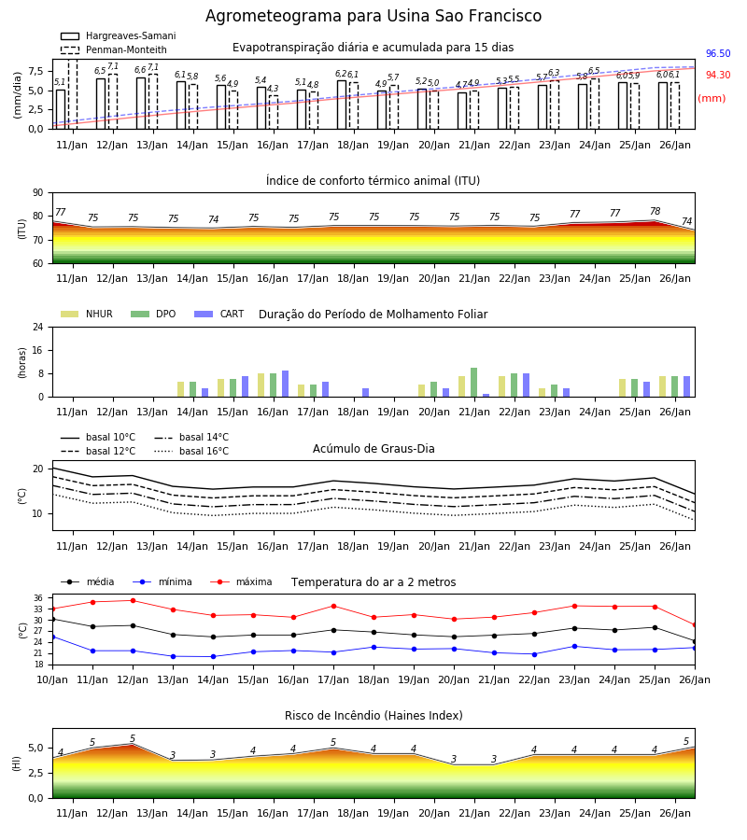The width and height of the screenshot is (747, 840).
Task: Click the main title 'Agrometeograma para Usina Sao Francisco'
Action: point(373,16)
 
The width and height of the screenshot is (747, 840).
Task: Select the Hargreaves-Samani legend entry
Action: point(119,35)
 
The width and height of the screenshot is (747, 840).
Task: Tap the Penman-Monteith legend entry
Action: point(114,49)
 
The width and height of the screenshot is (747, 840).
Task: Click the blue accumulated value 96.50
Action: point(718,53)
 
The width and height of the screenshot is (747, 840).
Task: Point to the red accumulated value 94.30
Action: point(718,75)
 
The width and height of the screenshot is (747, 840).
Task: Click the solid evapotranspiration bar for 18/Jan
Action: point(342,105)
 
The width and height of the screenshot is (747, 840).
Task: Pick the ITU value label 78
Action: point(655,211)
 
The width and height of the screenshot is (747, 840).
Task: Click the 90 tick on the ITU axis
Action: point(38,193)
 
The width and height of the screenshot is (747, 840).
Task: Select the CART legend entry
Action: point(219,314)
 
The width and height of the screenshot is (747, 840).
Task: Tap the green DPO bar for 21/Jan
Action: point(473,383)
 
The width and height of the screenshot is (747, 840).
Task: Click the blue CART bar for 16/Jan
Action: point(285,385)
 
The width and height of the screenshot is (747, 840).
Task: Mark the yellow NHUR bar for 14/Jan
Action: point(180,389)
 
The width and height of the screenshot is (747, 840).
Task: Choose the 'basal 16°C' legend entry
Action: point(191,451)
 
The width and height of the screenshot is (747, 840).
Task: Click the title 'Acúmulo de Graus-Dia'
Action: point(373,449)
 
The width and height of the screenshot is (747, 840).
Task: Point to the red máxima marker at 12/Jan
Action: point(133,600)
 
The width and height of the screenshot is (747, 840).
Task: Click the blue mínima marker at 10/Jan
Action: point(52,637)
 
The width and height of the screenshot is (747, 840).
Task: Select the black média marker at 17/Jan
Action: point(334,630)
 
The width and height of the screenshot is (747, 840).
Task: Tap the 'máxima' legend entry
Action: point(241,581)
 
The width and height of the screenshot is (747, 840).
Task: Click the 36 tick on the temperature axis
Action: point(38,598)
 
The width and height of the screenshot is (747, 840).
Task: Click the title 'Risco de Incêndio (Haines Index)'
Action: point(373,716)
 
